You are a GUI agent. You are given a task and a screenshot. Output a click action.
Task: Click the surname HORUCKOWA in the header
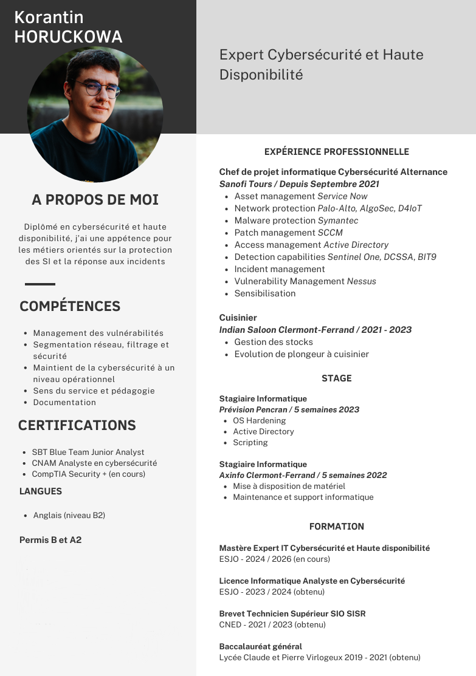[x=68, y=37]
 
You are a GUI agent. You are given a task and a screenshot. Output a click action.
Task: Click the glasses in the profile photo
[x=92, y=89]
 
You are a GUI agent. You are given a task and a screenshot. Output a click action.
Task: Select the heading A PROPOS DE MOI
[x=95, y=200]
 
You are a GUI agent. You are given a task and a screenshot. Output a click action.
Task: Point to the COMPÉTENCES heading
[x=70, y=306]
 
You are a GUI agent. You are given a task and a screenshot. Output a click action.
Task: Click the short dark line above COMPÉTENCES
[x=40, y=284]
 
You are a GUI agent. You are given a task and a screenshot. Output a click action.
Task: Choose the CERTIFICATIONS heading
[x=77, y=425]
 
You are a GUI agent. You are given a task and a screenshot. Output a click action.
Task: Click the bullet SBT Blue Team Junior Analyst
[x=88, y=452]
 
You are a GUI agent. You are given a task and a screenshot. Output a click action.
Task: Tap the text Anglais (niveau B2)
[x=69, y=515]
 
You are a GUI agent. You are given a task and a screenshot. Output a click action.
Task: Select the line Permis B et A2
[x=50, y=540]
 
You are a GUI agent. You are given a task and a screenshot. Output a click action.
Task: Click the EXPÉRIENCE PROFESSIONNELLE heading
[x=336, y=152]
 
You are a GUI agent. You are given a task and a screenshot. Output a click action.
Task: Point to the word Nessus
[x=362, y=281]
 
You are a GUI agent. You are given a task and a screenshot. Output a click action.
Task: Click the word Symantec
[x=338, y=220]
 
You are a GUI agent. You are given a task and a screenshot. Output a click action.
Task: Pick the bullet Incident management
[x=280, y=269]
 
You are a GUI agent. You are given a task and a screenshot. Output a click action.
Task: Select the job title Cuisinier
[x=238, y=318]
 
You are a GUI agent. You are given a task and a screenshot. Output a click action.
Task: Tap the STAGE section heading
[x=336, y=378]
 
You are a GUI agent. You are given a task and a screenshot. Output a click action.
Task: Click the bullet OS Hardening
[x=259, y=420]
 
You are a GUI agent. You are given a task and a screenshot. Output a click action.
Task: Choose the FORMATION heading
[x=336, y=527]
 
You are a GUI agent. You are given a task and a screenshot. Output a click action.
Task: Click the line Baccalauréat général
[x=261, y=646]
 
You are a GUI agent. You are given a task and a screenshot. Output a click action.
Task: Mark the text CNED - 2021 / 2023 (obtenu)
[x=272, y=624]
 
